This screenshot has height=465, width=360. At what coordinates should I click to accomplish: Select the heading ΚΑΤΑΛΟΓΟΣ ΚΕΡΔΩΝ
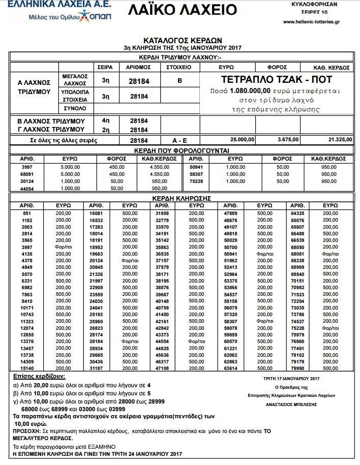(x=182, y=40)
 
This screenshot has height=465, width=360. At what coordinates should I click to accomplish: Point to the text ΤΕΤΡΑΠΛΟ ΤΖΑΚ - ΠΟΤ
(x=276, y=80)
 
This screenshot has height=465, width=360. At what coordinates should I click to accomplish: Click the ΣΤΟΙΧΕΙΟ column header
(x=179, y=67)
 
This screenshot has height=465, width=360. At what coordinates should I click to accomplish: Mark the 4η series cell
(x=106, y=121)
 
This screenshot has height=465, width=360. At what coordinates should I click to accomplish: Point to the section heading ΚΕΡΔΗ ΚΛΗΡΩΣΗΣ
(x=182, y=198)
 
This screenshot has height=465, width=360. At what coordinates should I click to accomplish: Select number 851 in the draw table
(x=27, y=212)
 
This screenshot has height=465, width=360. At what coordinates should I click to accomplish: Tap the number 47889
(x=231, y=212)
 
